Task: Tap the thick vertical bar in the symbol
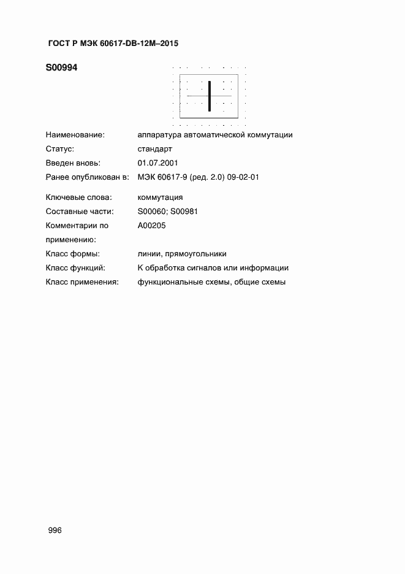pos(210,96)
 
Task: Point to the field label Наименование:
pos(75,135)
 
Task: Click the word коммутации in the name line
pos(271,135)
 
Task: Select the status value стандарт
pos(156,149)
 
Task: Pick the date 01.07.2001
pos(158,163)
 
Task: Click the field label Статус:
pos(60,149)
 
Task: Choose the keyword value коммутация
pos(161,197)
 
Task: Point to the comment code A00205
pos(152,226)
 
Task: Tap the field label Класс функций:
pos(75,268)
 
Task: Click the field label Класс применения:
pos(81,282)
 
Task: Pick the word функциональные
pos(167,282)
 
